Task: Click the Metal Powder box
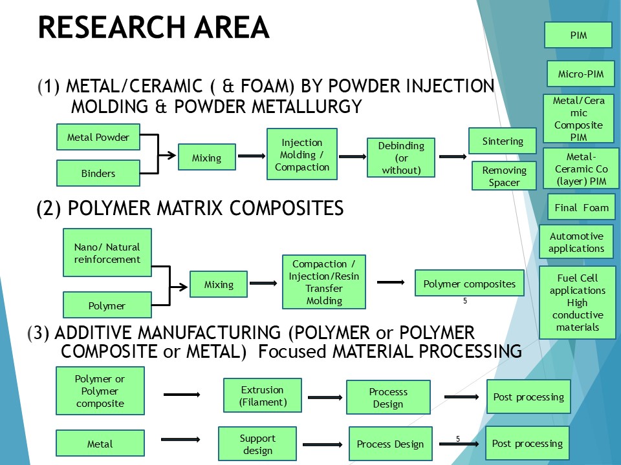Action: tap(98, 137)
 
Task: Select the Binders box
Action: tap(98, 173)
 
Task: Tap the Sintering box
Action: tap(503, 141)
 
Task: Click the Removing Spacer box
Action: tap(504, 176)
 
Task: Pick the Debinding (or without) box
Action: tap(401, 158)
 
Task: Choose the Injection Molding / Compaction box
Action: tap(302, 154)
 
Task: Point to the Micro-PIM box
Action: tap(580, 74)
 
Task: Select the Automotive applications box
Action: tap(576, 242)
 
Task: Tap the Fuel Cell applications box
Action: tap(578, 302)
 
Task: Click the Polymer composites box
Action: tap(469, 284)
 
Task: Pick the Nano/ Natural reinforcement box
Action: tap(107, 253)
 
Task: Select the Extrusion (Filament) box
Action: tap(262, 396)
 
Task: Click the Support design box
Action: tap(257, 444)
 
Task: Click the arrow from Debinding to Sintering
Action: tap(452, 156)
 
